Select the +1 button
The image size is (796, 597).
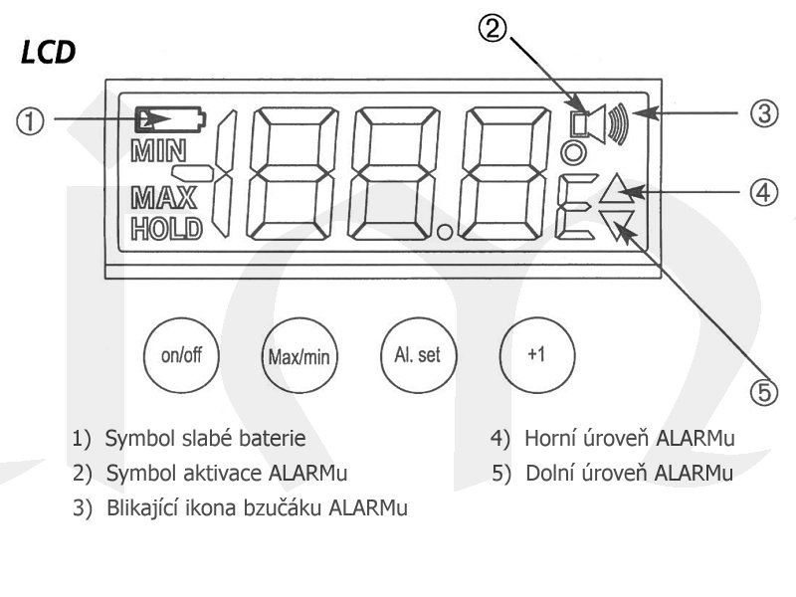pos(536,355)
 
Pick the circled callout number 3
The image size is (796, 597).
pos(763,112)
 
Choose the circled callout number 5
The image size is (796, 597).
pos(763,393)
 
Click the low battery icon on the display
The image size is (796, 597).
pos(169,119)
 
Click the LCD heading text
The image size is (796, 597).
pos(47,52)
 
